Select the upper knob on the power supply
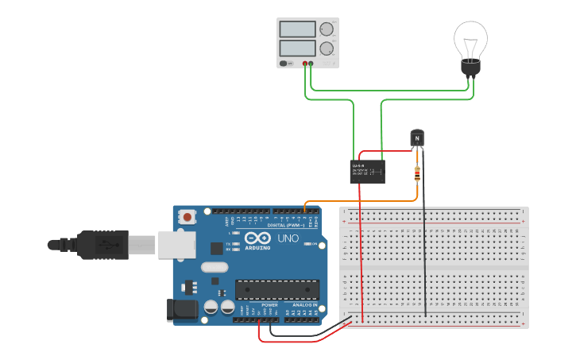click(326, 29)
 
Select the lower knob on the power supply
click(326, 48)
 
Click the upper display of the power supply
click(298, 29)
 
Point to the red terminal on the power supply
click(305, 63)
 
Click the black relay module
click(368, 172)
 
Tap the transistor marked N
click(417, 139)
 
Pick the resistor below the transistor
click(417, 173)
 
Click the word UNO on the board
click(288, 238)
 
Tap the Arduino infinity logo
click(258, 238)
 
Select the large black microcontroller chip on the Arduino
click(276, 290)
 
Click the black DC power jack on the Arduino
click(183, 310)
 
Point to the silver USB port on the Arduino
click(176, 245)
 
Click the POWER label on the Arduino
click(270, 304)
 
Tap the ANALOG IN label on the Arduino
click(303, 304)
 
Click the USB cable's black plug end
click(103, 245)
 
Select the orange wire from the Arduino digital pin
click(358, 201)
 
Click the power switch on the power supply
click(284, 63)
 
